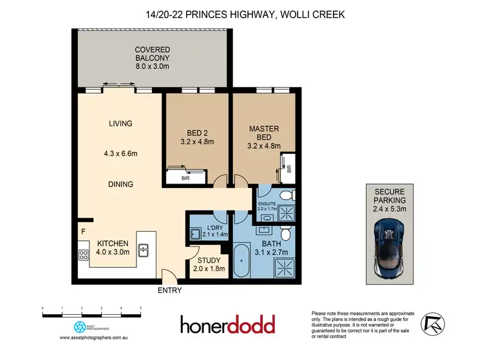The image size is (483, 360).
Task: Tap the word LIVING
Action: click(x=120, y=124)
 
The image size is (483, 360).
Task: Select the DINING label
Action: click(x=120, y=184)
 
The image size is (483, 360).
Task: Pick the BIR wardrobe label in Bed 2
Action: click(x=185, y=177)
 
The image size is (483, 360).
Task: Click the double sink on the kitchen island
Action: click(x=143, y=250)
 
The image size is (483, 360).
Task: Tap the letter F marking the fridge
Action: click(x=82, y=229)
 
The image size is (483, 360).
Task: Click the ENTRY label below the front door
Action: click(x=170, y=290)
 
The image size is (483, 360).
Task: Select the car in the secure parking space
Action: click(x=390, y=243)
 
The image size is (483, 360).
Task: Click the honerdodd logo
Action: click(x=227, y=324)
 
